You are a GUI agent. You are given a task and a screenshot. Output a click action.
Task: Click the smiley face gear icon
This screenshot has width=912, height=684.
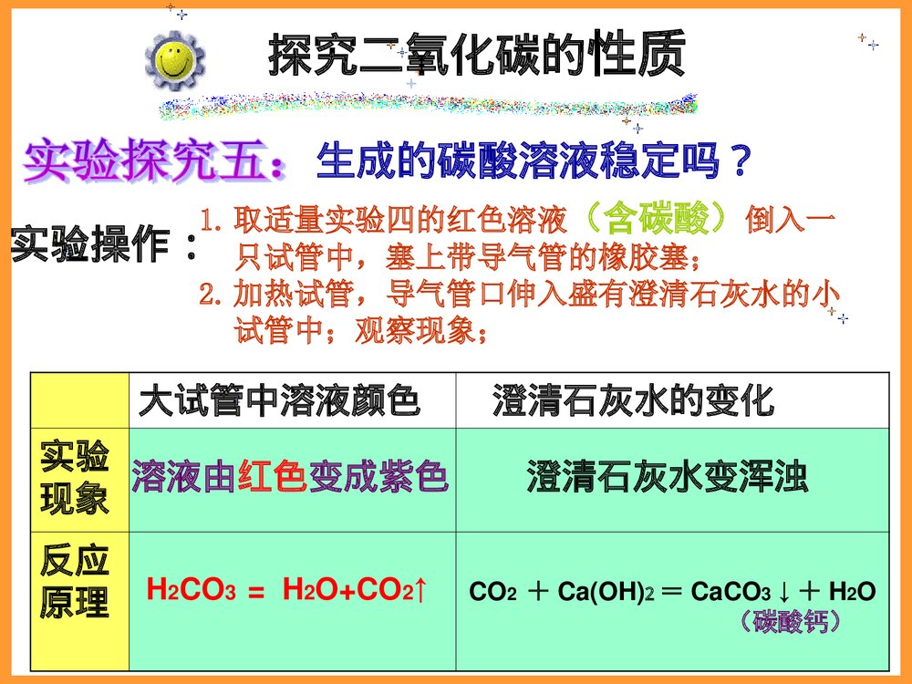coord(174,60)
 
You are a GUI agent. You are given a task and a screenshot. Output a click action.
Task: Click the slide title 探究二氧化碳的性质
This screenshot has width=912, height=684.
coord(476,57)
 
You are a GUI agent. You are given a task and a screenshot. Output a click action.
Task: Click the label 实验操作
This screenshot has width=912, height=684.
coord(102,245)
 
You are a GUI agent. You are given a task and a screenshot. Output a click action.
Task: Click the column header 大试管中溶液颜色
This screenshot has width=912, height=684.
coord(279,400)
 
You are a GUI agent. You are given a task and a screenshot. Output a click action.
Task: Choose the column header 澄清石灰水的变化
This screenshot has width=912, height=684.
coord(633,400)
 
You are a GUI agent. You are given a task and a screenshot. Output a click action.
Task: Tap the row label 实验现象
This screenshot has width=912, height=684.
coord(74,479)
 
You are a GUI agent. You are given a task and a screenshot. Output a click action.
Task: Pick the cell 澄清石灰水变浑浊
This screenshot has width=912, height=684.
coord(668,478)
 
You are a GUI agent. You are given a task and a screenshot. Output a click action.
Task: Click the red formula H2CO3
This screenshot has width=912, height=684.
coord(192,591)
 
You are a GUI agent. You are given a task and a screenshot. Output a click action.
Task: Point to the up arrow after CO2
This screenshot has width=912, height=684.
coord(420,591)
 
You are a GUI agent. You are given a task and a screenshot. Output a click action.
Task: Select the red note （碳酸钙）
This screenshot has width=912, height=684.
coord(788,623)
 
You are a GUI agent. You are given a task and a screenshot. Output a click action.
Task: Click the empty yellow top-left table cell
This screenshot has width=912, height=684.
coord(79,399)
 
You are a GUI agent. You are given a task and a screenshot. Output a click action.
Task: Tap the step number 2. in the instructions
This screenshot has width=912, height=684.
coord(212,295)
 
